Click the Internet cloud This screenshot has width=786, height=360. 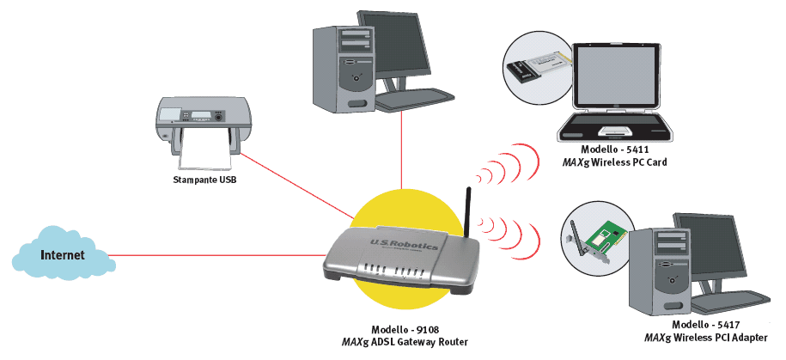[x=64, y=255]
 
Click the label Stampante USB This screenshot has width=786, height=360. [x=203, y=181]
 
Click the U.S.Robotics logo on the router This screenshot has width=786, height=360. [x=403, y=246]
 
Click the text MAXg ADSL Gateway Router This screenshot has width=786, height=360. [x=405, y=342]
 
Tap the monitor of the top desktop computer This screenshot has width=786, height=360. [x=394, y=43]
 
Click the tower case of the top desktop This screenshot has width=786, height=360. [x=339, y=64]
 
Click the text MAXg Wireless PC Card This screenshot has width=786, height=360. [x=613, y=162]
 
